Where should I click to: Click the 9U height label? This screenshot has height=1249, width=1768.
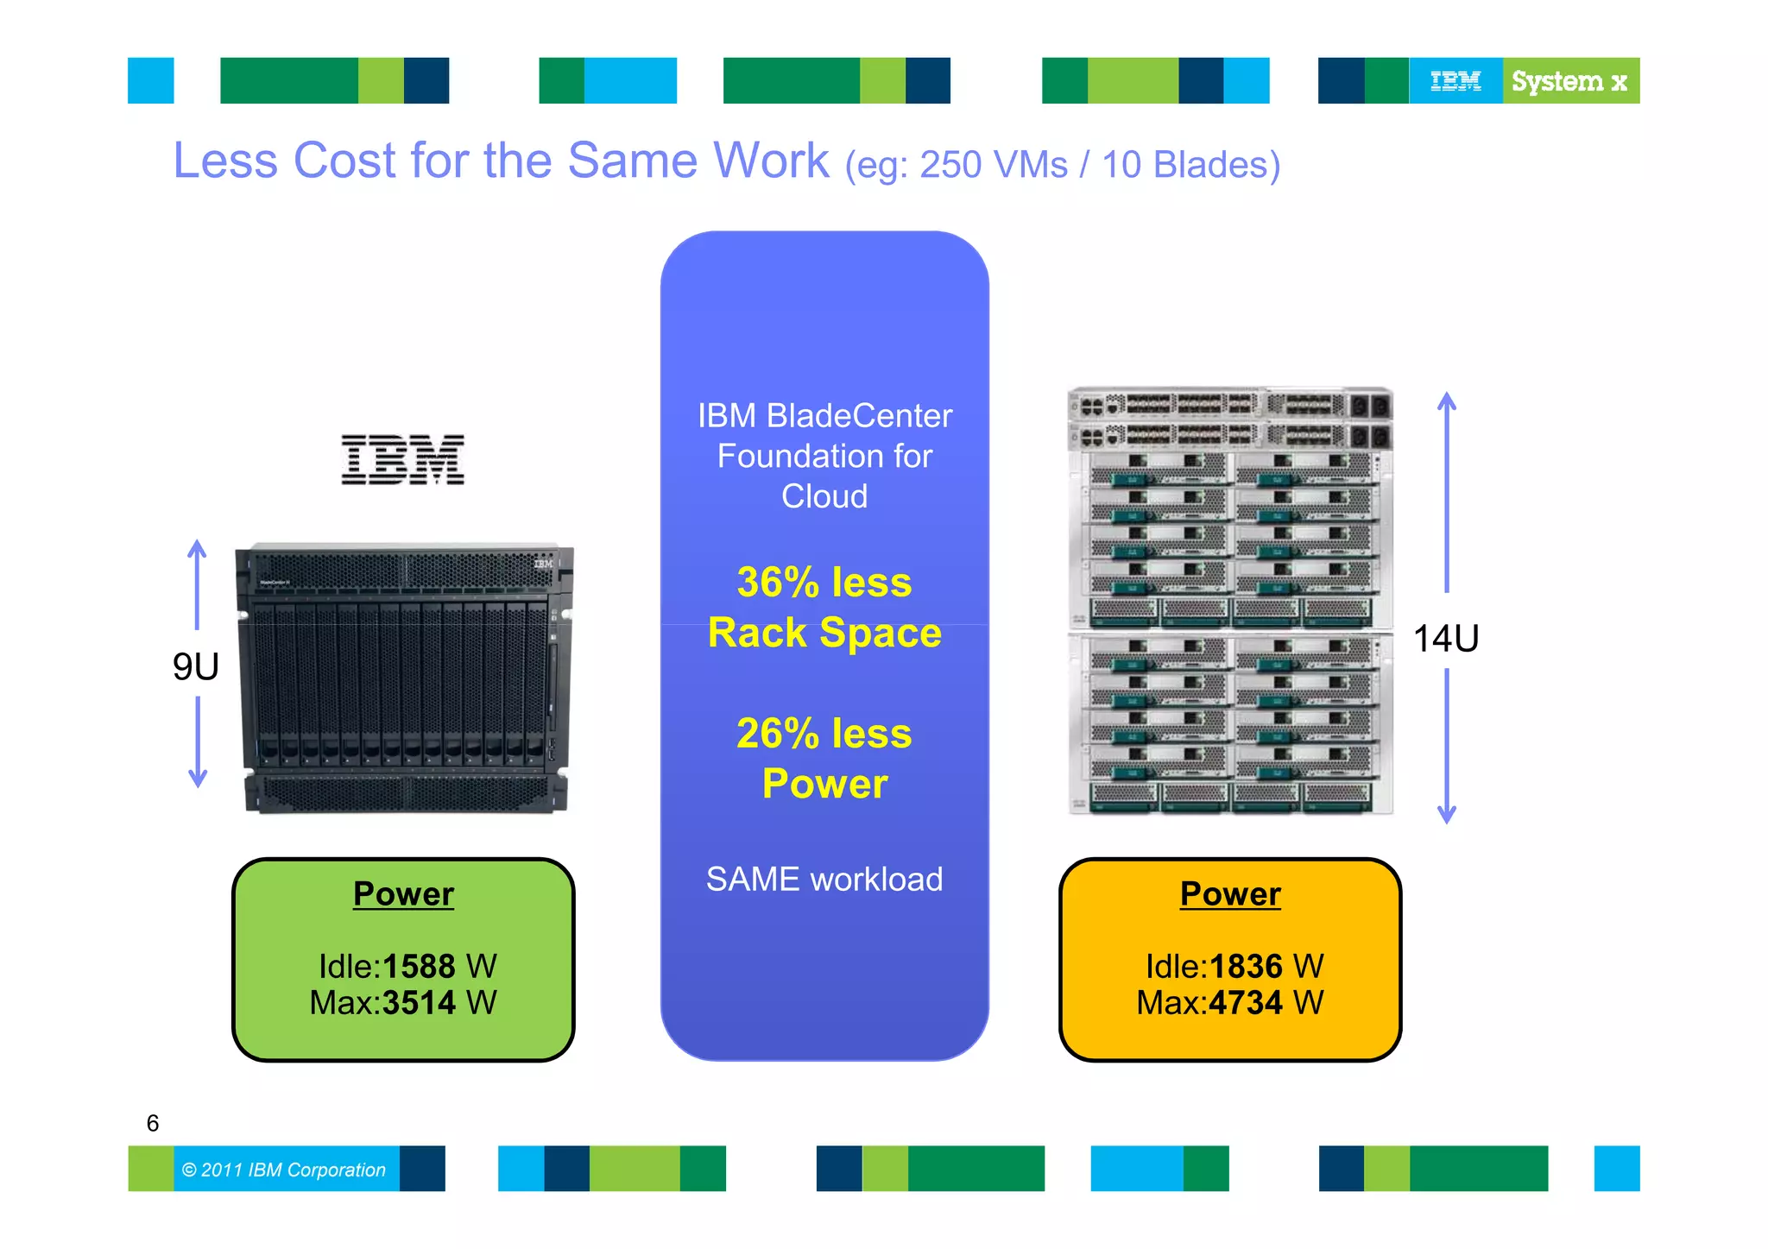tap(196, 666)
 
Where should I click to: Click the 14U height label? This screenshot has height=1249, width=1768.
tap(1446, 639)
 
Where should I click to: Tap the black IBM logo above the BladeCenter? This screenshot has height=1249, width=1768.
tap(402, 459)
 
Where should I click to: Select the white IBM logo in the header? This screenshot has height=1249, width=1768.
tap(1455, 81)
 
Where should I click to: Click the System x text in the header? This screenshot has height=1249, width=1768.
tap(1569, 81)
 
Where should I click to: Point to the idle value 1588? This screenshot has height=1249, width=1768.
tap(419, 966)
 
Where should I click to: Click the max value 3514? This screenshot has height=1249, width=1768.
tap(419, 1003)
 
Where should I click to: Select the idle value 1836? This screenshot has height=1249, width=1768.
tap(1246, 966)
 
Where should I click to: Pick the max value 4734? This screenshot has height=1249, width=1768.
tap(1246, 1003)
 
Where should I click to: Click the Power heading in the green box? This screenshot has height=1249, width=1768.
tap(403, 894)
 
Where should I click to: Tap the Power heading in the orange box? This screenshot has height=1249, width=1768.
tap(1230, 894)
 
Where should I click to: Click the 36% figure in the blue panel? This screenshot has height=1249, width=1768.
tap(778, 583)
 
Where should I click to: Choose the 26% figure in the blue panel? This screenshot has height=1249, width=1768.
tap(778, 734)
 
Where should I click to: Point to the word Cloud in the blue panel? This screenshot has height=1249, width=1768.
tap(824, 496)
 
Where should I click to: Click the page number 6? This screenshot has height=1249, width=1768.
tap(153, 1123)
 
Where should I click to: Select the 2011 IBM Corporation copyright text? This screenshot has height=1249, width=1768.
tap(284, 1170)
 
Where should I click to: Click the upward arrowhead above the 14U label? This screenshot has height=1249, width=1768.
tap(1447, 400)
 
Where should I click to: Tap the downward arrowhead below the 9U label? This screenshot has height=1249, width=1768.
tap(198, 779)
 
